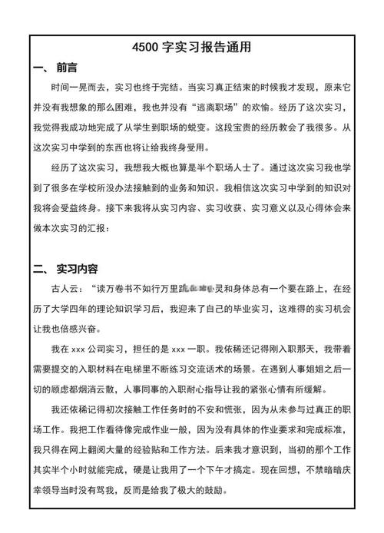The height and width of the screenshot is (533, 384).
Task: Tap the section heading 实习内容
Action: (x=78, y=270)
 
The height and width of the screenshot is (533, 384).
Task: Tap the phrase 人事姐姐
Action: (x=308, y=368)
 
